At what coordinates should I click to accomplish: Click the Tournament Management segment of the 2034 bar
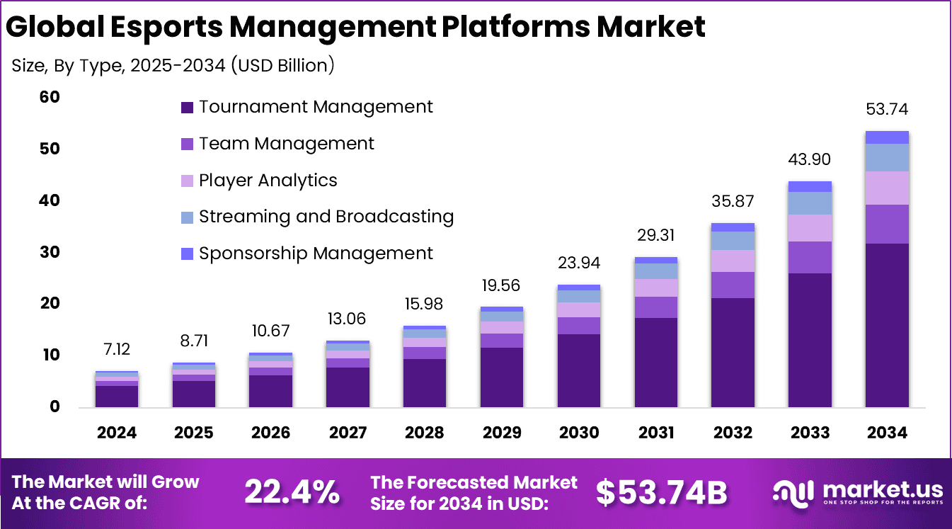tap(886, 325)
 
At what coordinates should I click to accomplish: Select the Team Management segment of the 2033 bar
tap(810, 257)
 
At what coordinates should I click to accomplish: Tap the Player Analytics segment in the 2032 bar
tap(733, 261)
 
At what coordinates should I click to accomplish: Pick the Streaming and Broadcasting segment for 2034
tap(886, 157)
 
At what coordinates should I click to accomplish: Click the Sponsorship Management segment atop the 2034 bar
tap(886, 137)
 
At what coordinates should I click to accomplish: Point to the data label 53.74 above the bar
tap(886, 110)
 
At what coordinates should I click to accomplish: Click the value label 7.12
tap(117, 349)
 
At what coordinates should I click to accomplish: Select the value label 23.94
tap(579, 263)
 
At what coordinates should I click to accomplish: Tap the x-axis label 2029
tap(502, 433)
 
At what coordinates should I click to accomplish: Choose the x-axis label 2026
tap(270, 433)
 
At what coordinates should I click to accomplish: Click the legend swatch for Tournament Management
tap(187, 108)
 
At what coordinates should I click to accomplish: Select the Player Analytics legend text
tap(268, 181)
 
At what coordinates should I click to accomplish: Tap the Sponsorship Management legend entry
tap(315, 254)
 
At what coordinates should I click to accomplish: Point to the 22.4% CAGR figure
tap(292, 492)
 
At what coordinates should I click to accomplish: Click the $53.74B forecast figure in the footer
tap(661, 492)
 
